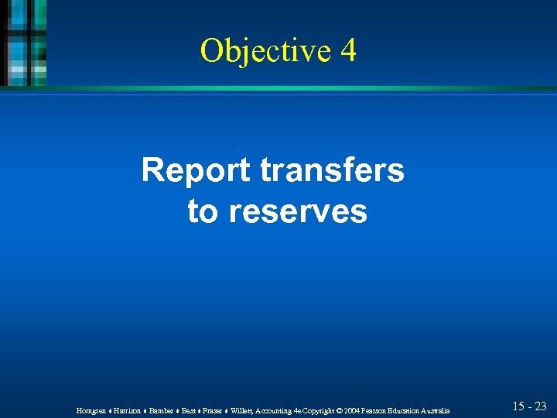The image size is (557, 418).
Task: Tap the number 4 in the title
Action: click(347, 50)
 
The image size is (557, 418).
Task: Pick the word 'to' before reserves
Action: click(203, 211)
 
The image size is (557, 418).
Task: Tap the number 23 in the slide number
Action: click(540, 406)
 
